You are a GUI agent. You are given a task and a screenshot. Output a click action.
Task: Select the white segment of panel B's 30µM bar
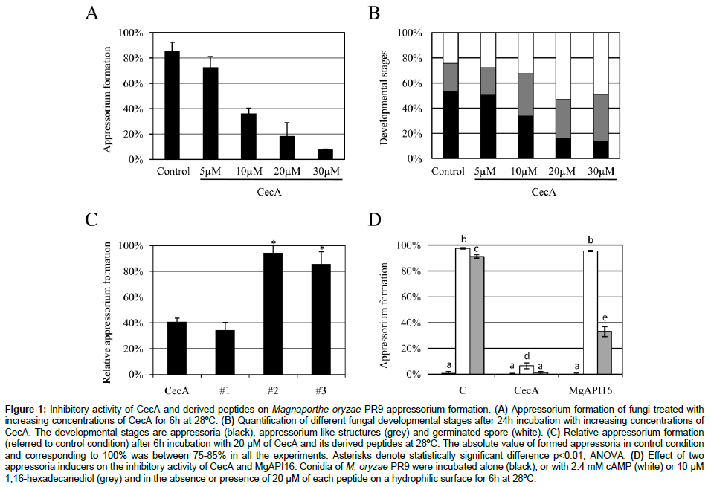coord(601,63)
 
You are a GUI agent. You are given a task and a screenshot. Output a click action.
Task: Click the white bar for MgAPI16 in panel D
coord(591,312)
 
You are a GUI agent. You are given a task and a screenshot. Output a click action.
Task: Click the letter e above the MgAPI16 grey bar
coord(606,318)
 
